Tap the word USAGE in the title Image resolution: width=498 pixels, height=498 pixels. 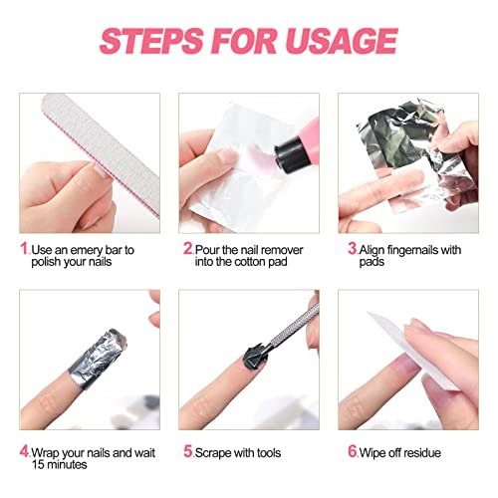coord(337,41)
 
